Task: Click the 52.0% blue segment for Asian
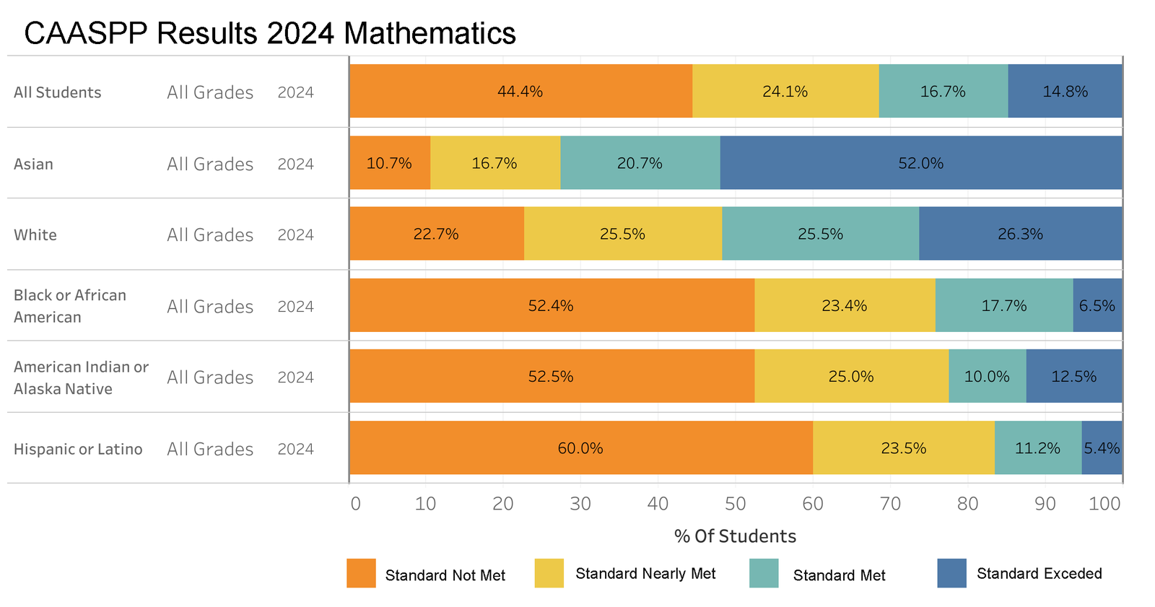coord(920,163)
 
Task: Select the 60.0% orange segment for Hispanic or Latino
coord(580,448)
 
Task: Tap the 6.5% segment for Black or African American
coord(1097,305)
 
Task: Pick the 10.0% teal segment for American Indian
coord(987,377)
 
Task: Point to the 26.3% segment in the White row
coord(1020,234)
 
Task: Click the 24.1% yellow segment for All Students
coord(785,92)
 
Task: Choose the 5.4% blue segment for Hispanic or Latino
coord(1102,448)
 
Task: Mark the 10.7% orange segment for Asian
coord(389,163)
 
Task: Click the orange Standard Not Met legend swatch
coord(361,573)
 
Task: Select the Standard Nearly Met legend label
coord(645,574)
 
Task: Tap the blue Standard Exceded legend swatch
coord(951,573)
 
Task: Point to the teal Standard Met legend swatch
coord(764,573)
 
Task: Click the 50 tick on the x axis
coord(736,504)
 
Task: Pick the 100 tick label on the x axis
coord(1104,504)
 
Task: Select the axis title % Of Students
coord(735,536)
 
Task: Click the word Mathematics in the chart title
coord(430,33)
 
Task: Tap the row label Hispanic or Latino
coord(78,449)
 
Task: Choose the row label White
coord(35,235)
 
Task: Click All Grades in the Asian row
coord(210,164)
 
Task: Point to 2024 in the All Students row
coord(295,92)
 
